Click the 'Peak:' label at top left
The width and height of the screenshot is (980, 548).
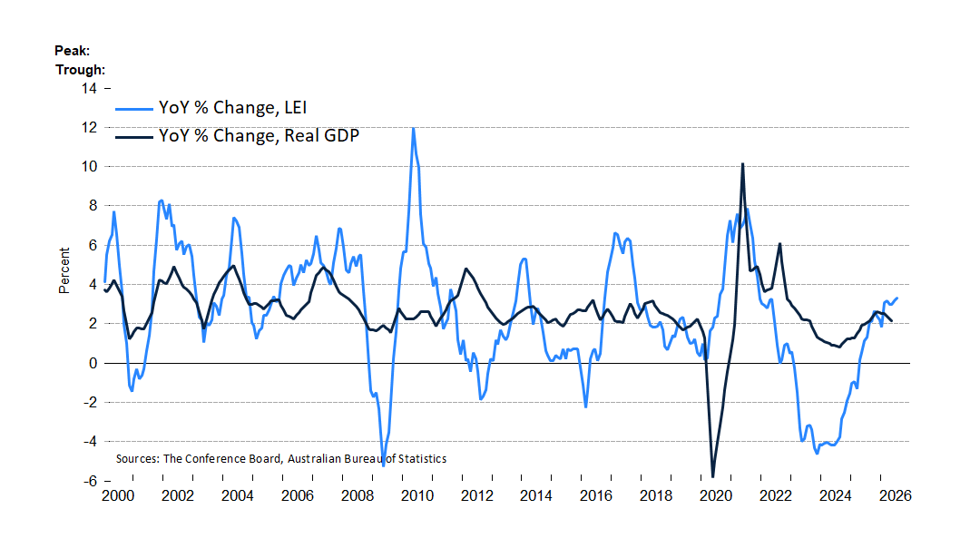click(x=72, y=51)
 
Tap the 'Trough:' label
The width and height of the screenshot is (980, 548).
click(x=80, y=69)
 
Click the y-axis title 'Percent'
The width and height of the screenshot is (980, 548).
click(x=64, y=270)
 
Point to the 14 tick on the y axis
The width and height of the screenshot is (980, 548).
click(x=89, y=88)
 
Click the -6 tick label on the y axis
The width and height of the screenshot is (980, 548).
click(x=90, y=481)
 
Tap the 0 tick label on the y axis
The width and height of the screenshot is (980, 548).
click(x=93, y=363)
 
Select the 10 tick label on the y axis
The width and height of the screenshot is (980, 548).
click(x=89, y=166)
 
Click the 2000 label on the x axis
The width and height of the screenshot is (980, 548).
click(x=118, y=495)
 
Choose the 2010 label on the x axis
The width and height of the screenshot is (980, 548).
click(x=416, y=495)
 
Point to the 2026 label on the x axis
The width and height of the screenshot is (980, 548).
click(x=895, y=495)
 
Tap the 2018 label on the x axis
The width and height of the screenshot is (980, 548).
click(x=656, y=495)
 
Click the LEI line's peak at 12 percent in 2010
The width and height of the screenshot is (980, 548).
click(x=413, y=128)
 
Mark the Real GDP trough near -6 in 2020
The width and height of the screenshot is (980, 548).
click(x=712, y=476)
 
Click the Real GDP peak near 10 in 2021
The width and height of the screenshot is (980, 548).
click(x=742, y=164)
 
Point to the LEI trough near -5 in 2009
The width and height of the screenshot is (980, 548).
click(x=383, y=465)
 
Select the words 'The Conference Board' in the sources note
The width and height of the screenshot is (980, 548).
click(x=222, y=459)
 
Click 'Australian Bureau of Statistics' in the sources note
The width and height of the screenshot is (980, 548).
click(x=367, y=459)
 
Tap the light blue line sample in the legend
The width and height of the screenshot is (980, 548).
click(x=133, y=109)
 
